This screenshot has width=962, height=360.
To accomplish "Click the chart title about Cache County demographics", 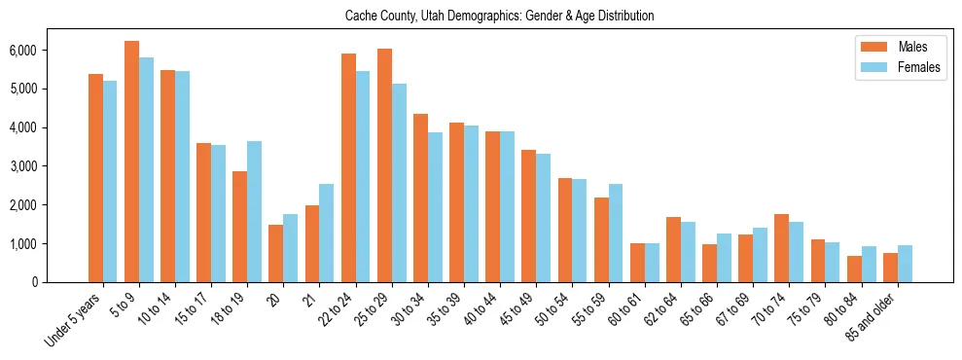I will click(x=500, y=17).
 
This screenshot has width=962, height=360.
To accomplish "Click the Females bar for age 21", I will click(x=326, y=234).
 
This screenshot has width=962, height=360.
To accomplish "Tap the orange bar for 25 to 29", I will click(x=384, y=165).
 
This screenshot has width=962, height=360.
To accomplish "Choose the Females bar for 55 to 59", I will click(x=616, y=234).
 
